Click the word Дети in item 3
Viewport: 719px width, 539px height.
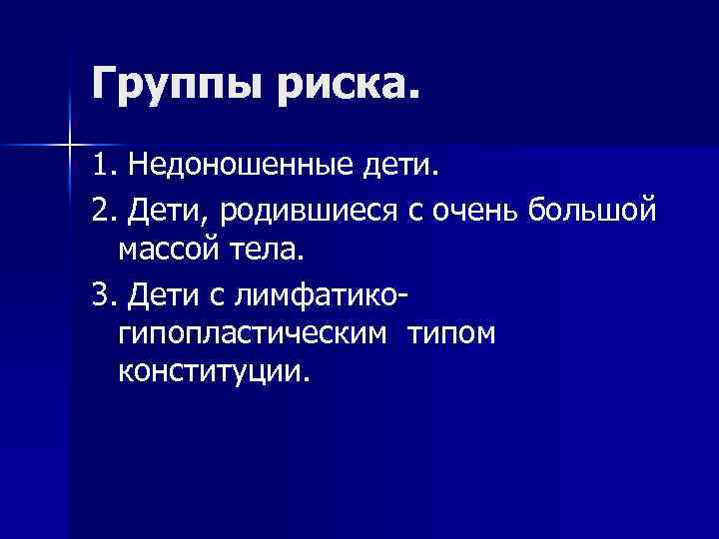161,295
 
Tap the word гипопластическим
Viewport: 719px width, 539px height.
251,334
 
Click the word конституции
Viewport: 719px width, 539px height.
215,371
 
